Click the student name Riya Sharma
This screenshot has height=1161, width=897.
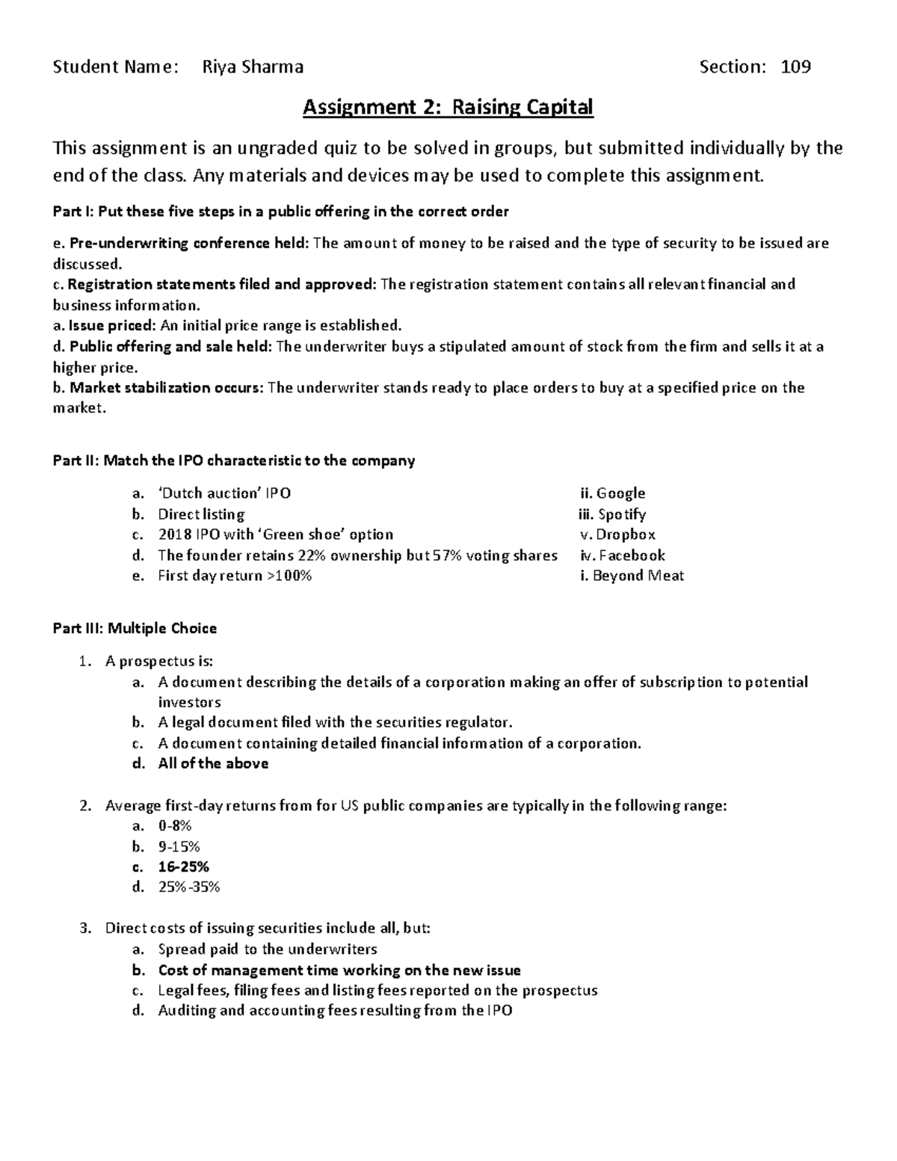click(x=253, y=67)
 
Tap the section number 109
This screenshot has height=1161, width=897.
click(x=795, y=67)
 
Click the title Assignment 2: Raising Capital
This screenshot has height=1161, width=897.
click(x=447, y=108)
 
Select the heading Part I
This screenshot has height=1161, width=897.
click(x=280, y=212)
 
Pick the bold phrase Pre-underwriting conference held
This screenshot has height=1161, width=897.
click(x=188, y=244)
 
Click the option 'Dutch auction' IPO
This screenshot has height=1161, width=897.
click(x=224, y=493)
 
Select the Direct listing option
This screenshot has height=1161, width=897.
click(x=201, y=514)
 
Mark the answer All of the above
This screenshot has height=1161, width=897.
click(x=213, y=763)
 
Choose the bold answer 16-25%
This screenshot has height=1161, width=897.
click(x=183, y=867)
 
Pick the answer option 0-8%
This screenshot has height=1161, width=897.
click(x=175, y=826)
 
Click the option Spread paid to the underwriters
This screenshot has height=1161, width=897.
click(x=268, y=949)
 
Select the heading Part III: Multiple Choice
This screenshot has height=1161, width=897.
click(x=135, y=629)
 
